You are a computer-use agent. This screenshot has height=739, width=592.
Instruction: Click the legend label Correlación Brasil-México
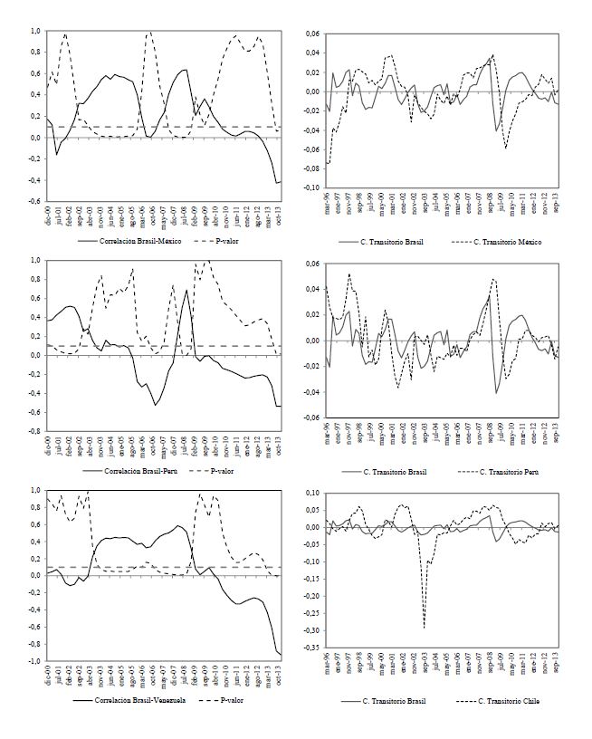[130, 242]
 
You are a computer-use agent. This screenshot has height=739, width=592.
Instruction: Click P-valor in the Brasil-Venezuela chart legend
[229, 700]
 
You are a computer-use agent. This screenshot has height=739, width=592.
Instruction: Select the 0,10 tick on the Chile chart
[312, 493]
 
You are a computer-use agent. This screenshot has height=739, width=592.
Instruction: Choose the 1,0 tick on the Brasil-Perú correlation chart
[33, 260]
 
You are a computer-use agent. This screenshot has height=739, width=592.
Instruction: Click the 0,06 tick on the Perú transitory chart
[312, 264]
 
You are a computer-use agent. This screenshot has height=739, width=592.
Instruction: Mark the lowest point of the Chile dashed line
[425, 627]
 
